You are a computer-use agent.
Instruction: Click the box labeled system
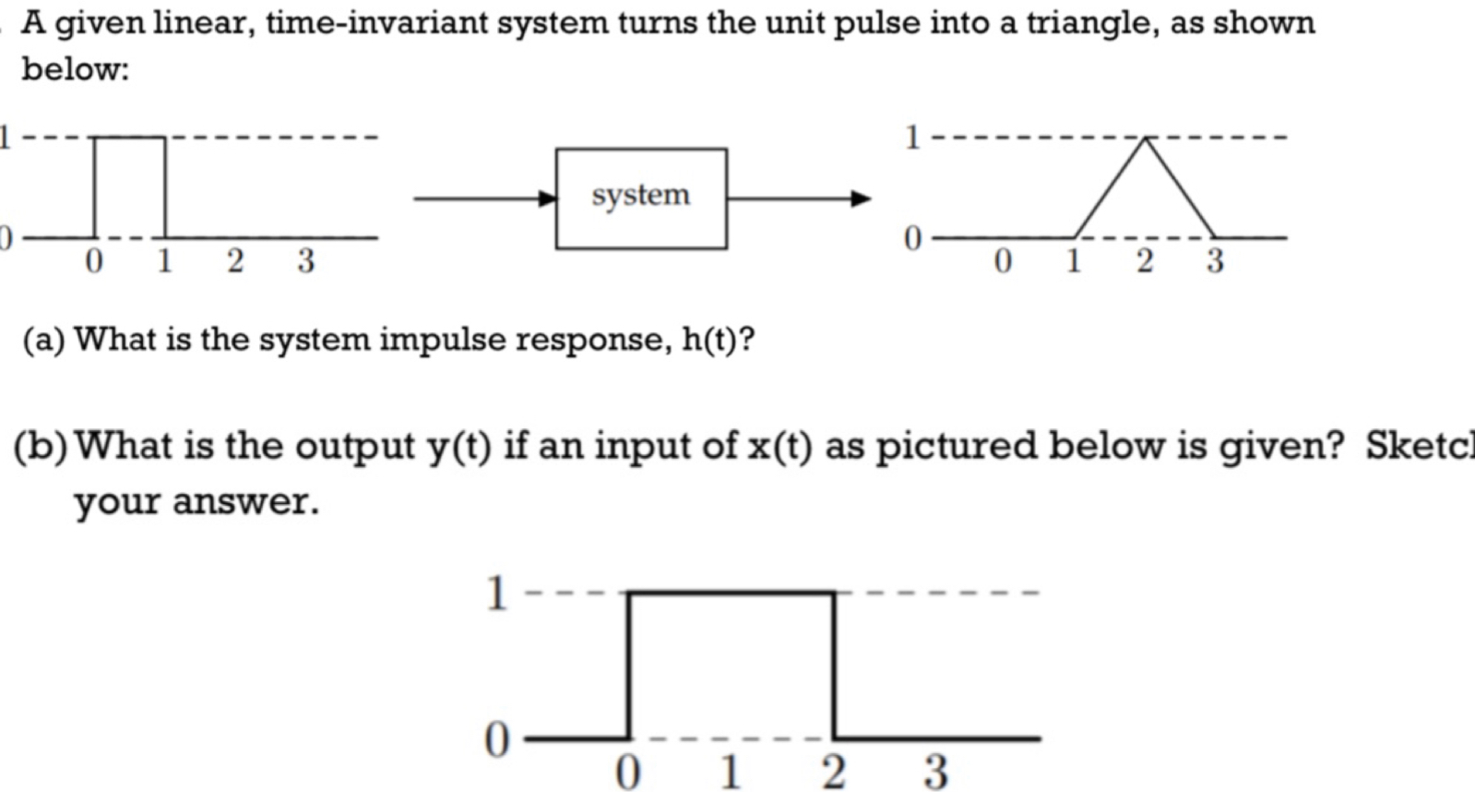[640, 198]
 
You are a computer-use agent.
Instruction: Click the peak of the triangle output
[1145, 138]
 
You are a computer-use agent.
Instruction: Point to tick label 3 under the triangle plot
[1215, 261]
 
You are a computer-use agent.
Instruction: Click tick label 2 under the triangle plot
[1145, 261]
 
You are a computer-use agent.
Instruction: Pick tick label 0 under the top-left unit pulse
[93, 262]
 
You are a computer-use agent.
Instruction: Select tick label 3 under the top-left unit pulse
[305, 261]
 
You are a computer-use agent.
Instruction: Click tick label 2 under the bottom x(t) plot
[833, 771]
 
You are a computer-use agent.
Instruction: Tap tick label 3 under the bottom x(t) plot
[935, 771]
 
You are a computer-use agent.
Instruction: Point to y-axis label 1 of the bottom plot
[496, 594]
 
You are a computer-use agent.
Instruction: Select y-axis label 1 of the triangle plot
[912, 138]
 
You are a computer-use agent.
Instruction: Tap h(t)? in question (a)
[718, 341]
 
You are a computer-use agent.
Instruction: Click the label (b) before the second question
[41, 447]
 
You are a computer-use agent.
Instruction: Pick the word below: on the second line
[75, 68]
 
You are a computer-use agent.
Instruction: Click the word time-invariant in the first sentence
[376, 22]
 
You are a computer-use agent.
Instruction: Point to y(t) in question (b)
[458, 447]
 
